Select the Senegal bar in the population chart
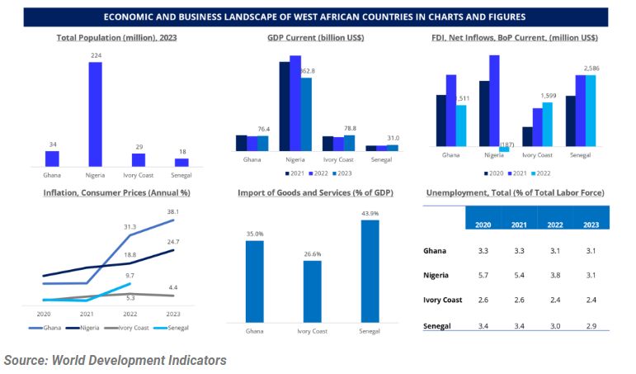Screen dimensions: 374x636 [x=181, y=162]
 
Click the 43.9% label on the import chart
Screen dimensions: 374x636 [x=370, y=214]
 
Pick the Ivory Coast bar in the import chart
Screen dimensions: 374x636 [x=312, y=291]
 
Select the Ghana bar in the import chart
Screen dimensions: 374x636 [x=254, y=281]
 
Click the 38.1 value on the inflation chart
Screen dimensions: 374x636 [x=173, y=211]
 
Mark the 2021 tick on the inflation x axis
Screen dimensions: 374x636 [x=87, y=314]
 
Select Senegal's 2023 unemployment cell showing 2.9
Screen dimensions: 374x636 [x=591, y=327]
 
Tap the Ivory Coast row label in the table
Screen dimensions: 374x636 [x=443, y=300]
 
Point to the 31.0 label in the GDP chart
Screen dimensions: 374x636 [x=393, y=138]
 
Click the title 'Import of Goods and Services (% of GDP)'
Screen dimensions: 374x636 [x=315, y=192]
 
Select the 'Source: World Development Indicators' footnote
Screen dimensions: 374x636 [x=115, y=361]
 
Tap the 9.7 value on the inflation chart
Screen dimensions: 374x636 [x=130, y=275]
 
